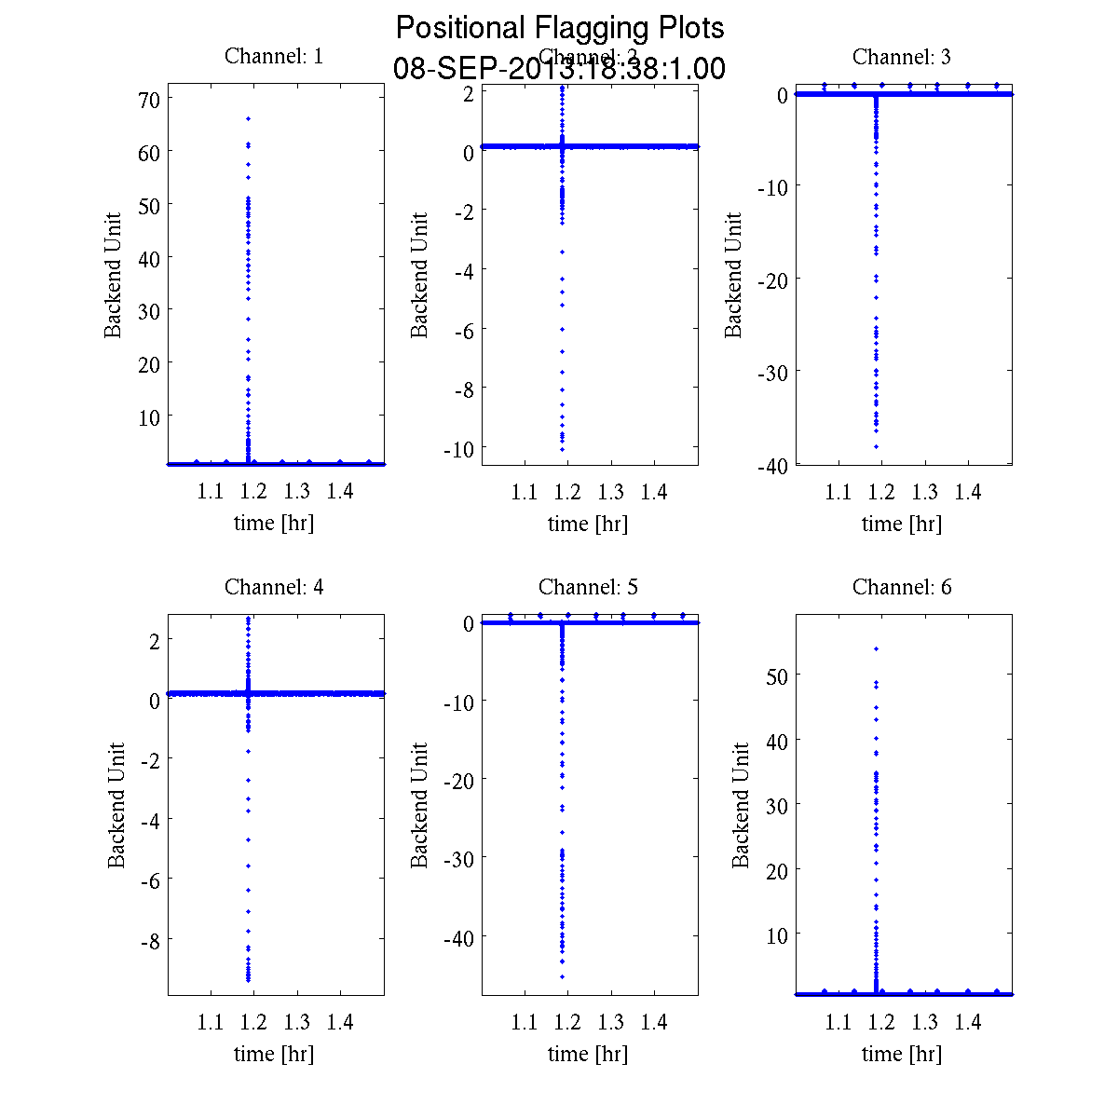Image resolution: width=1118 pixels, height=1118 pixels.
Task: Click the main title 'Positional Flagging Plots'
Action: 560,28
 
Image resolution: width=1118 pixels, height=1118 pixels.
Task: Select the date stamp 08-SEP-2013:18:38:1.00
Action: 560,69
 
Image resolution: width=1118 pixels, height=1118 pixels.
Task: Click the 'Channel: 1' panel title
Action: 274,56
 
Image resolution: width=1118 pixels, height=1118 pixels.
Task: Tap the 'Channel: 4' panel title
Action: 274,587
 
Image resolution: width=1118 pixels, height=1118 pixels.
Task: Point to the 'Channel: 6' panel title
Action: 902,587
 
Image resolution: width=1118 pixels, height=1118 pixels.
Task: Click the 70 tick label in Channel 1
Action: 149,99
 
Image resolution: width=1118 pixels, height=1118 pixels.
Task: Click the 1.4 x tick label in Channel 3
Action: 968,492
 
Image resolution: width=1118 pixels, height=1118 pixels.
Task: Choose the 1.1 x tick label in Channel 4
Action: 211,1023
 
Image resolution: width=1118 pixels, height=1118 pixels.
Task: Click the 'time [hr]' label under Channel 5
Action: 588,1054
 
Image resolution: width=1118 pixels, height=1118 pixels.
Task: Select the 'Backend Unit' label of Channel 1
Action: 113,276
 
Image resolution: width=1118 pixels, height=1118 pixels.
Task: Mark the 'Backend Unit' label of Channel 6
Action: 741,806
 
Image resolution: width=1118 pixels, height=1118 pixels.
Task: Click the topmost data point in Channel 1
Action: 248,118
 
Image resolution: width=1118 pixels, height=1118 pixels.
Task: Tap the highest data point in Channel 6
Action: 876,648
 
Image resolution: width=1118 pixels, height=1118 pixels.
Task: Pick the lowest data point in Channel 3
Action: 876,446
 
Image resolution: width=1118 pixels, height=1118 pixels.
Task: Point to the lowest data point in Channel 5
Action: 562,976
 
